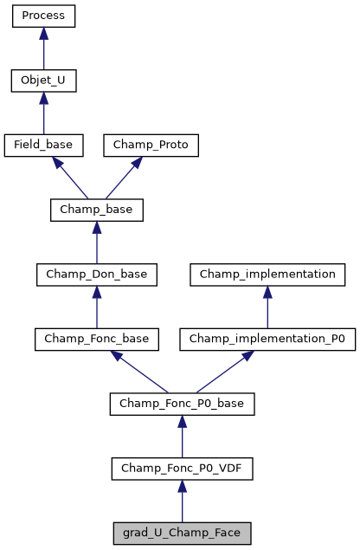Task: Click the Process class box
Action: point(43,16)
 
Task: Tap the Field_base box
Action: point(43,145)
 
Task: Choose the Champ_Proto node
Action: point(151,145)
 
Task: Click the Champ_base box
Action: point(96,210)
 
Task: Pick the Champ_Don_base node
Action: point(96,275)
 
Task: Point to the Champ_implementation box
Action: point(267,275)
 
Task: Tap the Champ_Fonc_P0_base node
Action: point(182,404)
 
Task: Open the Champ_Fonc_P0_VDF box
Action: point(182,469)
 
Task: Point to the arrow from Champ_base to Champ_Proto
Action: point(123,178)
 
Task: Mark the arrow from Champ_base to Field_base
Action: point(70,178)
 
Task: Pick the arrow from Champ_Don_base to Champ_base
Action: point(96,243)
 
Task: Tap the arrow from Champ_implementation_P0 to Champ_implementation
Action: point(267,307)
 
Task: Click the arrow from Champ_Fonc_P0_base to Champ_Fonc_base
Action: point(138,372)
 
